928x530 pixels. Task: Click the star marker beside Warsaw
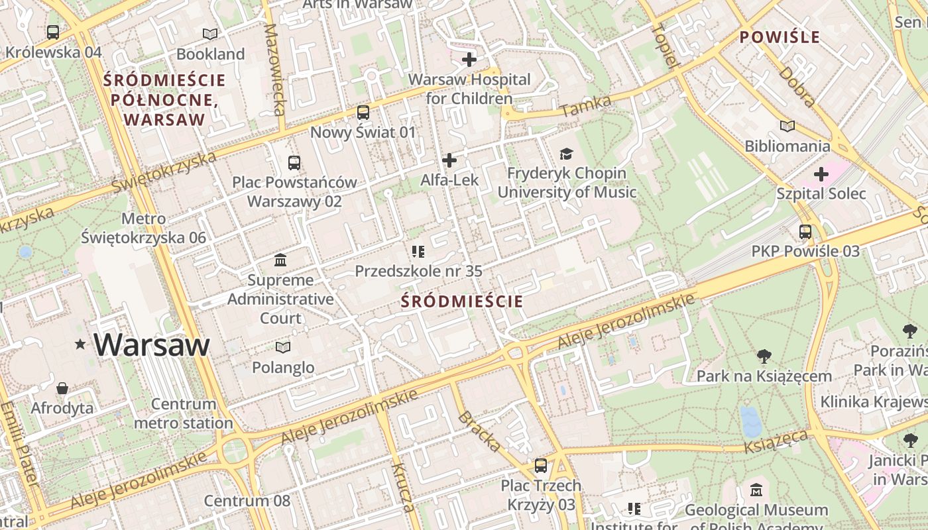81,344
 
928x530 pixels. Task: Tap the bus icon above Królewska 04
53,32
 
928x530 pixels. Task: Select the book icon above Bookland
210,34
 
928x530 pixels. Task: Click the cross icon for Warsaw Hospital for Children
469,60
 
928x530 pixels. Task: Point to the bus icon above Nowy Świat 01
363,113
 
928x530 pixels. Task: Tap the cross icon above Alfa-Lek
449,160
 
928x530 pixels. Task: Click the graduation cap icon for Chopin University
566,154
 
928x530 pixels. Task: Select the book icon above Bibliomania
787,126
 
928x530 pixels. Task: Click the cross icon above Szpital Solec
821,174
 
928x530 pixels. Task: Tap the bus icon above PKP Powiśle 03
805,232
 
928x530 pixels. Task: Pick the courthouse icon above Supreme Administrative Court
280,260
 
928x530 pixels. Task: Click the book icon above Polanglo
283,347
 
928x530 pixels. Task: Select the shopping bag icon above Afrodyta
62,388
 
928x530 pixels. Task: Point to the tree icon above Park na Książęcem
764,356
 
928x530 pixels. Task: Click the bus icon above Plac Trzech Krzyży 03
541,466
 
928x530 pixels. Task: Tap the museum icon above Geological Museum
756,490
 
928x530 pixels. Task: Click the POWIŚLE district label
780,37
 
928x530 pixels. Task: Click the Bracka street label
479,431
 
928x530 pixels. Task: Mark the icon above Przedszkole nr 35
418,251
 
